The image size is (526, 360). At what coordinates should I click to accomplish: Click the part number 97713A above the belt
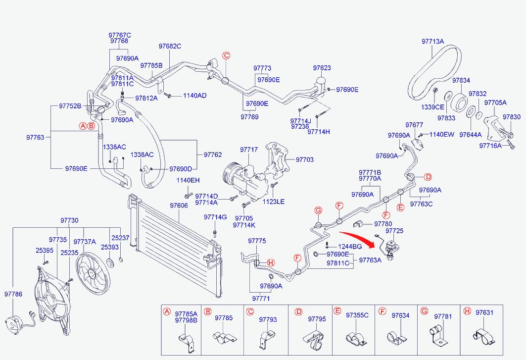point(432,41)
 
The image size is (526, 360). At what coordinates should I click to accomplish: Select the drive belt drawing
point(434,72)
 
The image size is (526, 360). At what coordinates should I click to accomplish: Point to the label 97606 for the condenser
point(179,206)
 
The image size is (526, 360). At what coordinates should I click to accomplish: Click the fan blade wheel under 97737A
point(93,273)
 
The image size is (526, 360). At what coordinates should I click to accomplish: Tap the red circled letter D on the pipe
point(428,177)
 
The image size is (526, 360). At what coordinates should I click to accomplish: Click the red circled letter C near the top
point(227,55)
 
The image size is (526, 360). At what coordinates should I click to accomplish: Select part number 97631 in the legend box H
point(484,312)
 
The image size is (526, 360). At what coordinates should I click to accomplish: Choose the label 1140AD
point(194,96)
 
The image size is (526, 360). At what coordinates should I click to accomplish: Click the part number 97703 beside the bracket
point(305,159)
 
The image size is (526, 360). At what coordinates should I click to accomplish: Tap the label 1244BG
point(350,247)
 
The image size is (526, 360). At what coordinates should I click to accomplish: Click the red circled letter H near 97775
point(271,262)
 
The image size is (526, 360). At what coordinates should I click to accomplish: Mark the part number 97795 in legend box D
point(317,319)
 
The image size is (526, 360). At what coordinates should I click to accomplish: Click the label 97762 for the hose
point(213,154)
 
